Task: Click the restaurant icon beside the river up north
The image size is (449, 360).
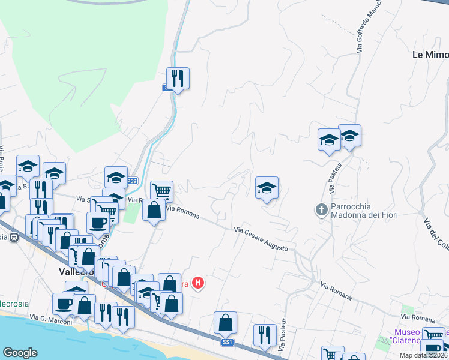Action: [178, 78]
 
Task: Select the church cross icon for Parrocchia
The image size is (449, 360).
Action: [321, 209]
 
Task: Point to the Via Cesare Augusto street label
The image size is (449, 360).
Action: [265, 238]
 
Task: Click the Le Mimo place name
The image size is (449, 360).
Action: [430, 55]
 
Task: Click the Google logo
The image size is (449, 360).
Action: [20, 352]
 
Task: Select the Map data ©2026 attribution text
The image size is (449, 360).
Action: [424, 355]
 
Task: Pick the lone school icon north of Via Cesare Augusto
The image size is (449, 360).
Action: [267, 188]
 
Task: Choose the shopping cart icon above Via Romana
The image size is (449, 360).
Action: [161, 191]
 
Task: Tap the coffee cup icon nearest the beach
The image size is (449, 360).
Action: [63, 303]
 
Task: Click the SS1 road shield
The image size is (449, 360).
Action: [227, 342]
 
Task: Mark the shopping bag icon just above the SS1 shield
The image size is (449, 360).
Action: [226, 322]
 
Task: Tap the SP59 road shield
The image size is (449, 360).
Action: [131, 181]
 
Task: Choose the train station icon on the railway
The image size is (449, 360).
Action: [13, 237]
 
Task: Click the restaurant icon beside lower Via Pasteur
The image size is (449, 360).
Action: [264, 335]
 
